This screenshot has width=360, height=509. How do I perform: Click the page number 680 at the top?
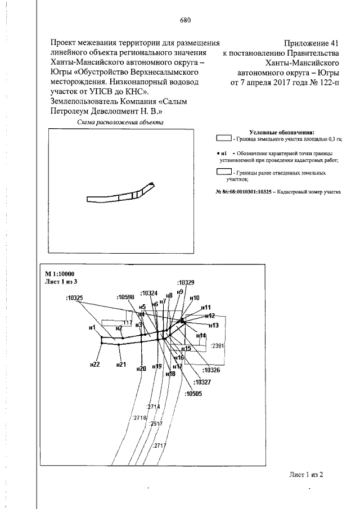185,21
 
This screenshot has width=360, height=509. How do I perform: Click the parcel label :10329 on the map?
185,282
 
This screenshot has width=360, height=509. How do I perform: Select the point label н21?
120,364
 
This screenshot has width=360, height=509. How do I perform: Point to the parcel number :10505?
193,394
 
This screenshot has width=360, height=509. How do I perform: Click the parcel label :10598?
125,296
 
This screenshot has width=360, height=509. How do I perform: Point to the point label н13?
213,325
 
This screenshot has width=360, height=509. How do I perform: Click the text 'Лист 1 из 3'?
60,281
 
